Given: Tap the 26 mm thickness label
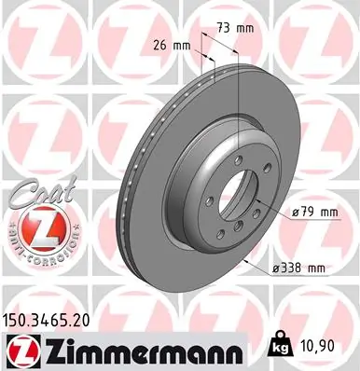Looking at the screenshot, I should pos(171,44).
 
